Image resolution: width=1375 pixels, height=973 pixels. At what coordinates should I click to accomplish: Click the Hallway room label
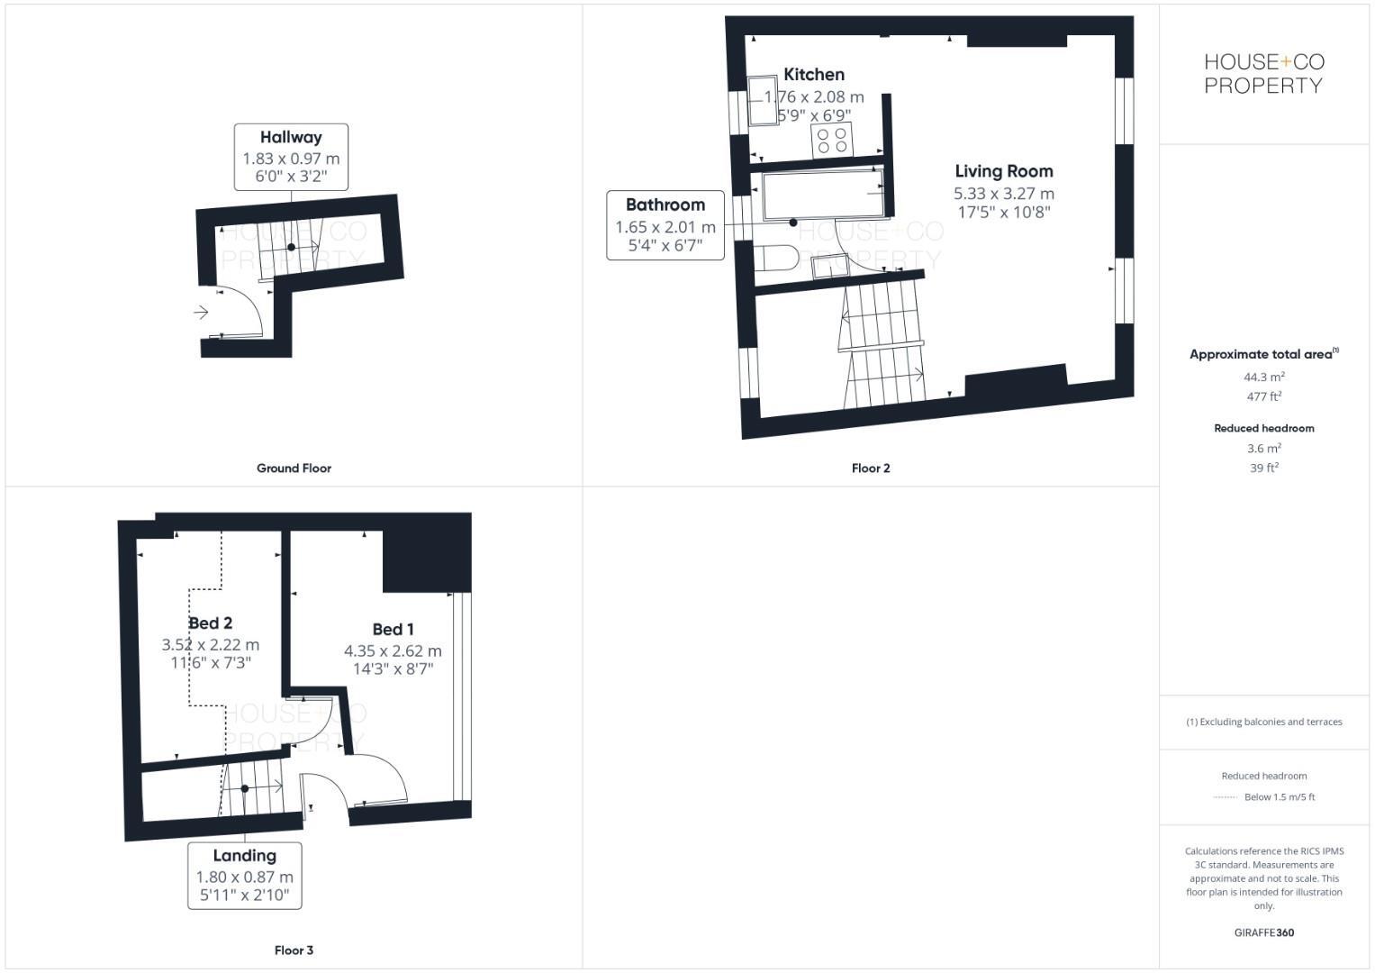[x=291, y=138]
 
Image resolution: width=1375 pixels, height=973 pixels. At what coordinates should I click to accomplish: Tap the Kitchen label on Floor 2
[x=814, y=75]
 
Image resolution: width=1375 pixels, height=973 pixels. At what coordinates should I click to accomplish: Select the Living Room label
[x=1003, y=171]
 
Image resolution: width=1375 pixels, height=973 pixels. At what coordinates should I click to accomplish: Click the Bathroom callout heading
[x=665, y=205]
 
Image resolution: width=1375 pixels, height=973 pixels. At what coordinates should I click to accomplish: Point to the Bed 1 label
[x=393, y=630]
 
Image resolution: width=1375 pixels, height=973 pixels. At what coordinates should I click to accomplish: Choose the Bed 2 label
[x=211, y=623]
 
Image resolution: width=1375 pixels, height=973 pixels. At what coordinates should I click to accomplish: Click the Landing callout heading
[x=244, y=856]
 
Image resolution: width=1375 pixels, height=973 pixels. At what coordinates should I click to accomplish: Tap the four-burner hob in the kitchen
[x=832, y=141]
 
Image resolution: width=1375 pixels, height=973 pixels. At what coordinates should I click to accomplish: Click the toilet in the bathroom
[x=775, y=258]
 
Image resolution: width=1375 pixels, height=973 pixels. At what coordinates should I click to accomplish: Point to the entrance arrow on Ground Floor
[x=201, y=313]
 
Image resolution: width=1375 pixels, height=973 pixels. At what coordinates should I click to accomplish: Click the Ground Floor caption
[x=294, y=468]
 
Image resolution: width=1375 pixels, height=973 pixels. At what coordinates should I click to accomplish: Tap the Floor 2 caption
[x=871, y=468]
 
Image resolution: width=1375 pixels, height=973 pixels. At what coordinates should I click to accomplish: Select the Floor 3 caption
[x=294, y=950]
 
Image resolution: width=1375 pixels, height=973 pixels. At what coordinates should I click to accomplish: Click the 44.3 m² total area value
[x=1263, y=377]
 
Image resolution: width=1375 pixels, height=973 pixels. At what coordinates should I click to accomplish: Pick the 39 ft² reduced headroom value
[x=1263, y=468]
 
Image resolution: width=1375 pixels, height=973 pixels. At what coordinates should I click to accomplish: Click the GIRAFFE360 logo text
[x=1263, y=932]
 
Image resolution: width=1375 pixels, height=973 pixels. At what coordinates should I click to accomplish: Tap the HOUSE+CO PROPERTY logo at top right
[x=1263, y=74]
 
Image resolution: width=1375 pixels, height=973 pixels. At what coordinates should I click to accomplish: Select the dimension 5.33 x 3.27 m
[x=1003, y=194]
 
